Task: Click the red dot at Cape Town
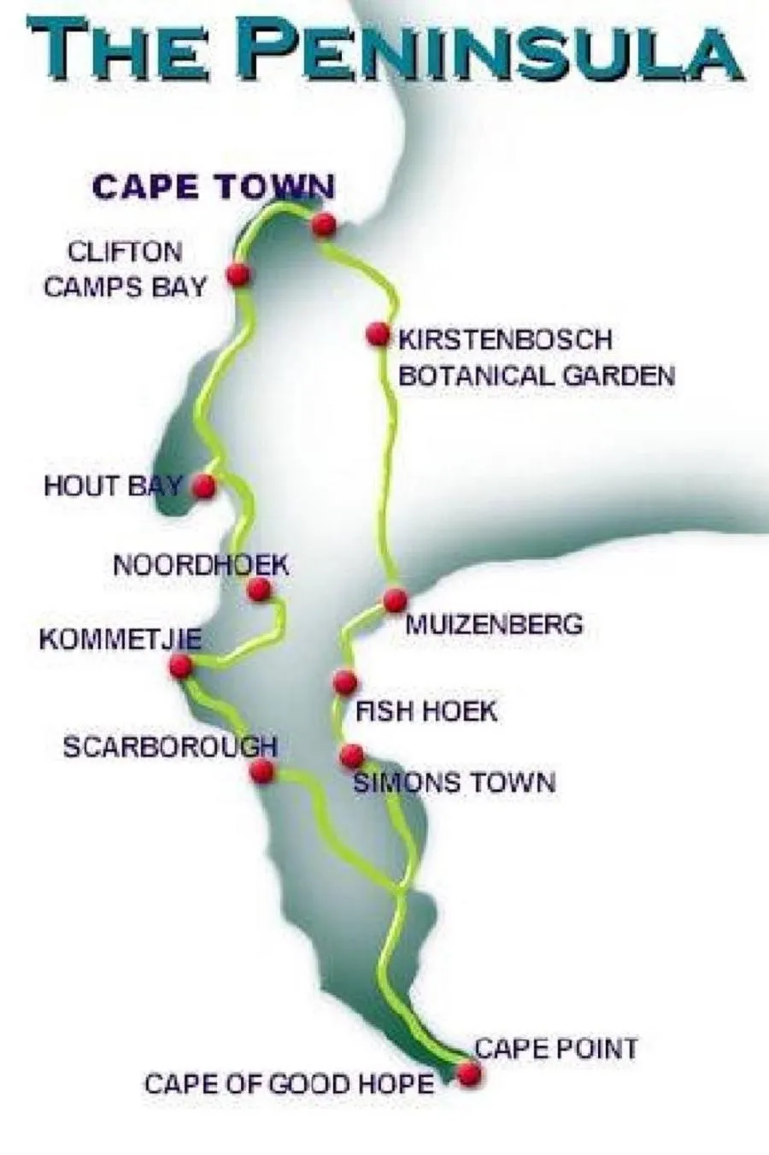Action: point(323,225)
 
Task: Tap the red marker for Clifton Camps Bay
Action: point(238,274)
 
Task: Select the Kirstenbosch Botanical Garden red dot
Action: point(377,334)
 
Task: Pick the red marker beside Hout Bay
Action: point(204,486)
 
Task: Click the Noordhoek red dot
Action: point(259,589)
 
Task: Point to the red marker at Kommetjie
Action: point(180,666)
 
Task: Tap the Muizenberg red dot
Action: point(395,600)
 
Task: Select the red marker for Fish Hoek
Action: point(344,682)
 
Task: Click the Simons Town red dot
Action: point(351,756)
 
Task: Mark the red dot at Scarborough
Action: point(261,772)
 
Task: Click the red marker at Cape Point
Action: point(468,1075)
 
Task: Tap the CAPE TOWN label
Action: point(213,186)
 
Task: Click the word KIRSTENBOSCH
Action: point(506,339)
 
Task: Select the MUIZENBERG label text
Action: point(494,624)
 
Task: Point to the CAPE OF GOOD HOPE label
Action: point(289,1084)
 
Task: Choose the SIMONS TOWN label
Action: point(454,782)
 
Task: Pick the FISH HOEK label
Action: point(426,710)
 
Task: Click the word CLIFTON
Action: point(125,252)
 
